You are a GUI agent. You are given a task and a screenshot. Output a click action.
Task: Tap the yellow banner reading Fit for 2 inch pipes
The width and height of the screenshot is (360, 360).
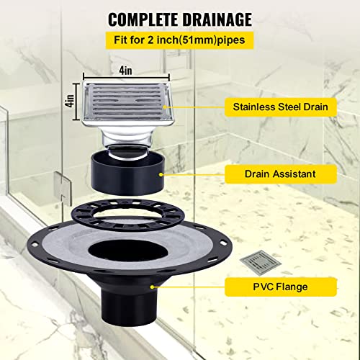coord(180,41)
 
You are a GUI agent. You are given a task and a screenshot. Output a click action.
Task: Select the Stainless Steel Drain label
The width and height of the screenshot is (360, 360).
coord(280,107)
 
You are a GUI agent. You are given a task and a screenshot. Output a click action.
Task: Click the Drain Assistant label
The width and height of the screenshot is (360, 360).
coord(279,174)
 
